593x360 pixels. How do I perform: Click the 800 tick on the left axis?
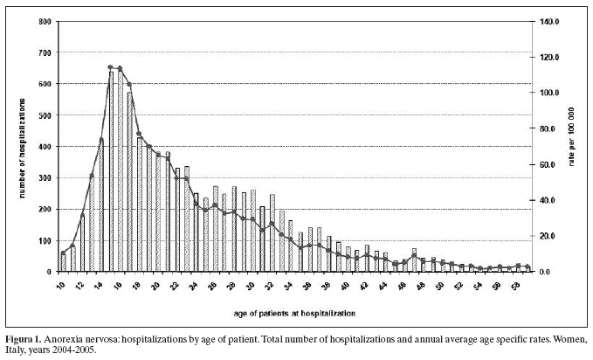45,22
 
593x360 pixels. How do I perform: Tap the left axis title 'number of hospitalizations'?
23,148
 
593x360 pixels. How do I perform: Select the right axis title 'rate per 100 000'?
571,136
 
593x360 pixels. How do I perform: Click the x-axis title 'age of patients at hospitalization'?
294,314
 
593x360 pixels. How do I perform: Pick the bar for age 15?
111,171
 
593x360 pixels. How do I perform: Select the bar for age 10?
64,263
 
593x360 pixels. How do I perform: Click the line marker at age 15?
110,67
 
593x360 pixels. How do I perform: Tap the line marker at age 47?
414,255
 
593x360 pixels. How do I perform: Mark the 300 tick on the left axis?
45,178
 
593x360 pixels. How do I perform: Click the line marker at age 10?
63,253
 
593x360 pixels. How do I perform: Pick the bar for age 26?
216,229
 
